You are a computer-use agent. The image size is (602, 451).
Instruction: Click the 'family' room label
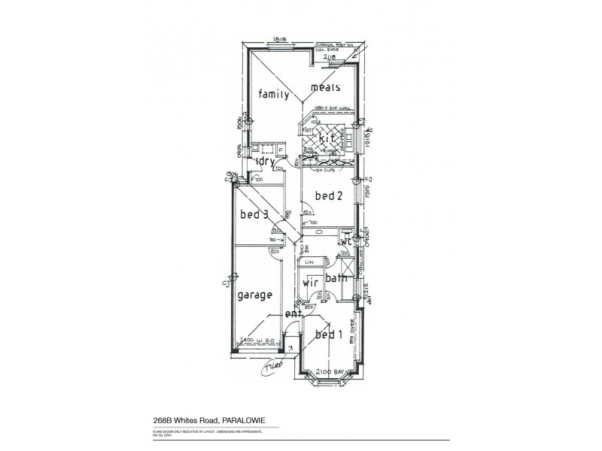[274, 95]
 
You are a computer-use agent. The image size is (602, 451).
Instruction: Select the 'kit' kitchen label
[326, 140]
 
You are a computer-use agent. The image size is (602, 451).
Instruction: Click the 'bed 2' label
[328, 196]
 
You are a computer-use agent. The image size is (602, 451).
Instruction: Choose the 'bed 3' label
[254, 215]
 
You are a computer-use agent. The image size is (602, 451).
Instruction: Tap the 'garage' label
[254, 295]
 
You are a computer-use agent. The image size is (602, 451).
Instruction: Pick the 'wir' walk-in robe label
[311, 284]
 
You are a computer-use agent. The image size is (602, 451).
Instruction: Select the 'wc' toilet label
[346, 242]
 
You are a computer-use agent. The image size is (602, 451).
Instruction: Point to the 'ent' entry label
[292, 314]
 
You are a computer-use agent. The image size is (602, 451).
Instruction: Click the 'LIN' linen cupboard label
[309, 262]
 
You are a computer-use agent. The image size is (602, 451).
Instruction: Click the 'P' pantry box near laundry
[280, 150]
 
